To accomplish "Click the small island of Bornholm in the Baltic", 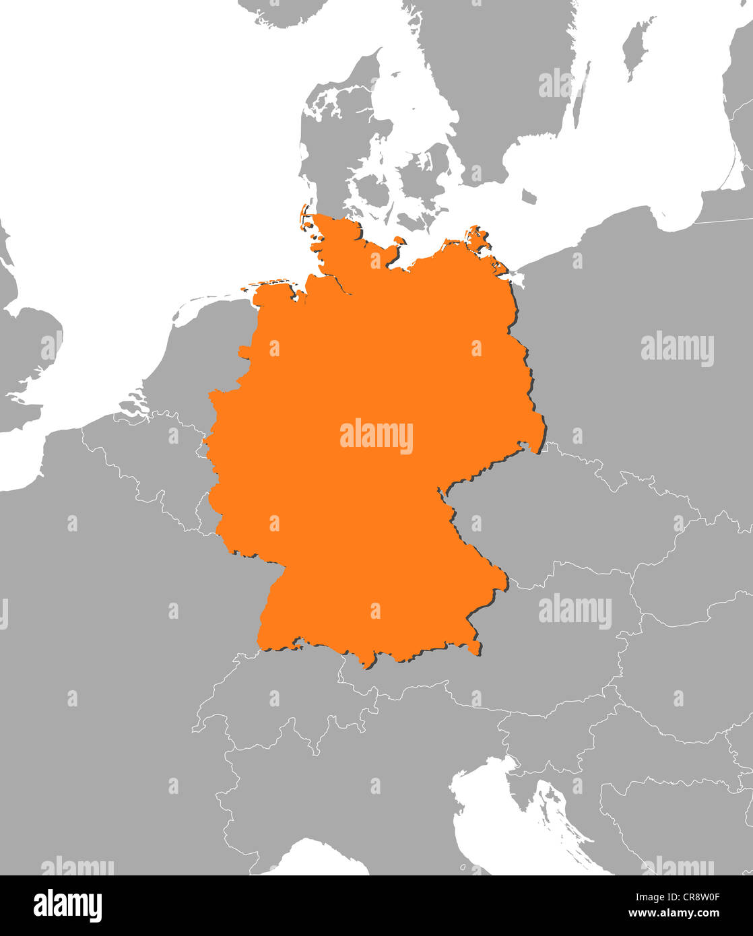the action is (x=529, y=197).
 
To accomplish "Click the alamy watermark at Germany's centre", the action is (x=376, y=436).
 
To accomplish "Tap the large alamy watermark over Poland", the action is (x=677, y=349).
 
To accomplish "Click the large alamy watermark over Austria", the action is (x=575, y=611).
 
